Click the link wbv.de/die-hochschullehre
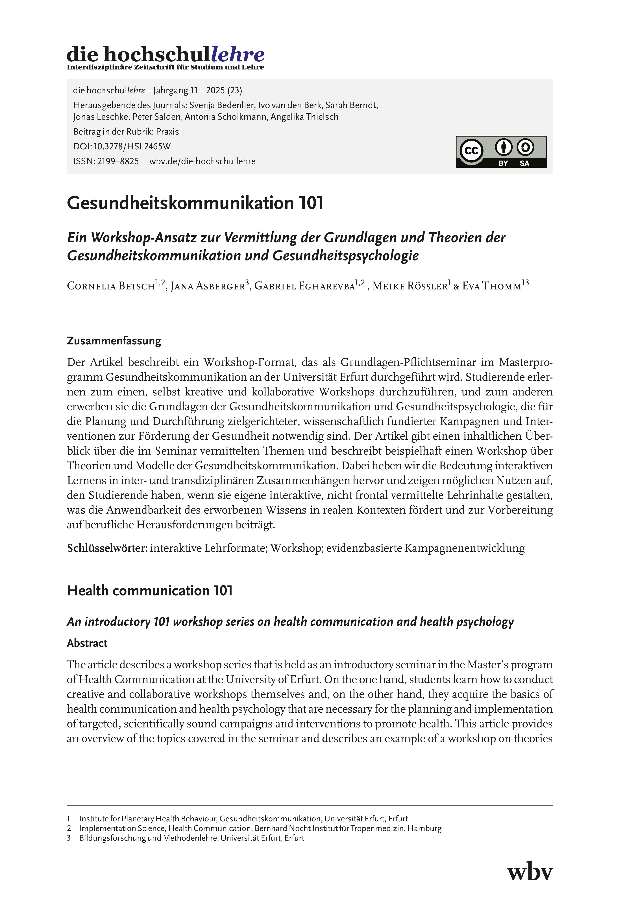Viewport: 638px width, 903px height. (202, 161)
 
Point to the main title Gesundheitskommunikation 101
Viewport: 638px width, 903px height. (195, 203)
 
